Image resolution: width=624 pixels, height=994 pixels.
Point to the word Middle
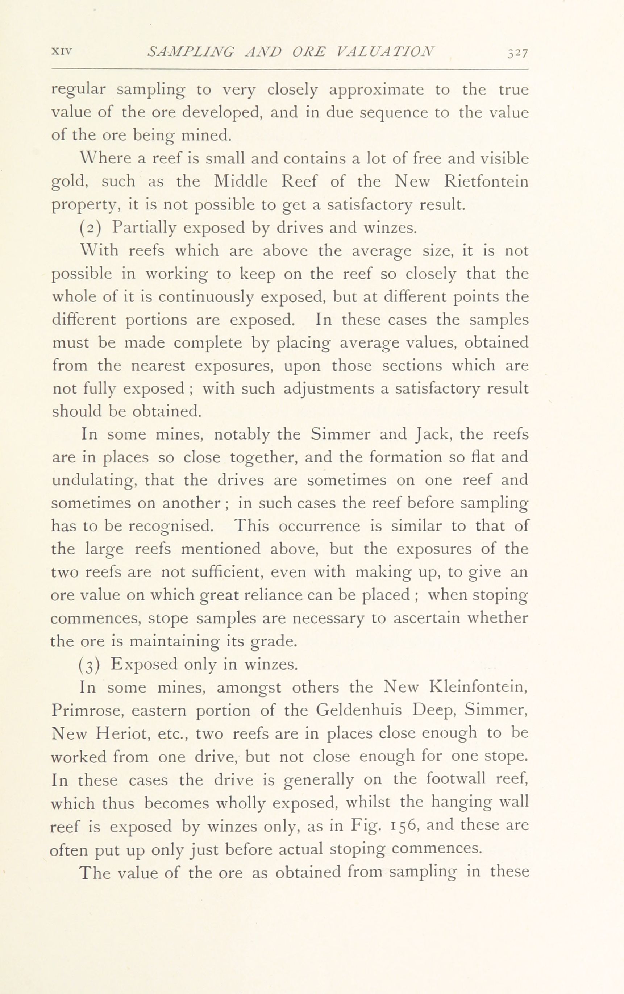[241, 182]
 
